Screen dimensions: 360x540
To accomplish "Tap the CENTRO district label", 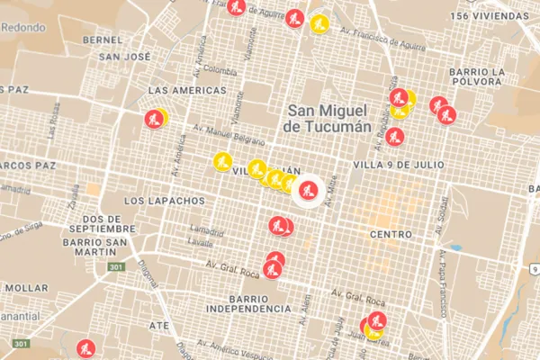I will click(x=390, y=234).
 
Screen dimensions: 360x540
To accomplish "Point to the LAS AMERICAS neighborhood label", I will click(x=187, y=91).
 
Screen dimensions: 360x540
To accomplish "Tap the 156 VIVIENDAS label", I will click(x=491, y=16).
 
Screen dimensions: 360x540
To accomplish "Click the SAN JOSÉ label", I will click(x=125, y=57).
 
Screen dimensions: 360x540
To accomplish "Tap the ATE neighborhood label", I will click(x=159, y=325).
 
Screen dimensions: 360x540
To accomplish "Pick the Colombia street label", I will click(x=219, y=68).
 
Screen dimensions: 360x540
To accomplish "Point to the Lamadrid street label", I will click(x=206, y=231).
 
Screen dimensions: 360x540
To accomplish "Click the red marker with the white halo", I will click(x=308, y=190).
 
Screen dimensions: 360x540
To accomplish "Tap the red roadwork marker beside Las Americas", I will click(x=154, y=118).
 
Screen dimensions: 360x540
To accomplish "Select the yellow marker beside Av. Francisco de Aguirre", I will click(x=318, y=24).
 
